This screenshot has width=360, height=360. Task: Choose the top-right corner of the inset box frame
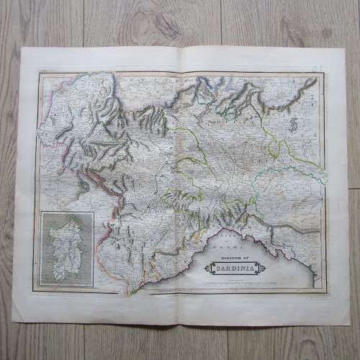96,210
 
